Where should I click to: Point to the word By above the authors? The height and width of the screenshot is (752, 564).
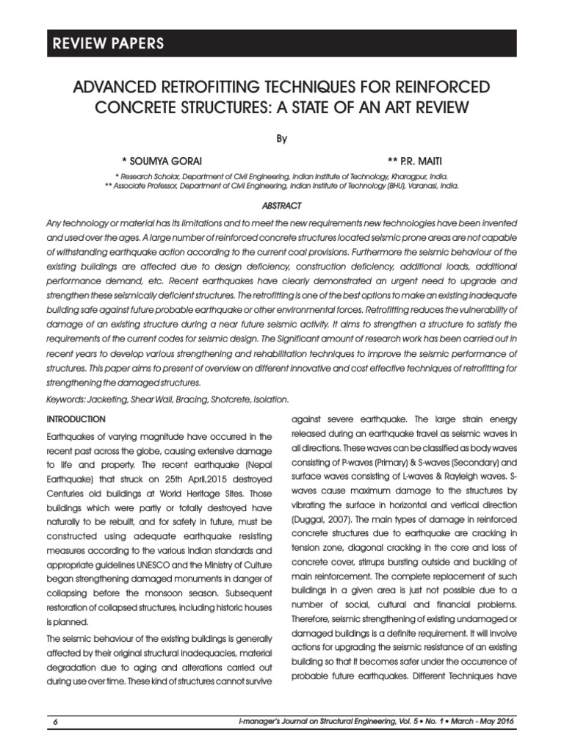coord(282,138)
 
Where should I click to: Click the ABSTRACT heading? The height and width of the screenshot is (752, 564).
coord(282,206)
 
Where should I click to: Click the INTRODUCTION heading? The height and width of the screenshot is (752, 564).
coord(76,419)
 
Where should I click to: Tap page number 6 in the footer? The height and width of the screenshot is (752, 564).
coord(55,722)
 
